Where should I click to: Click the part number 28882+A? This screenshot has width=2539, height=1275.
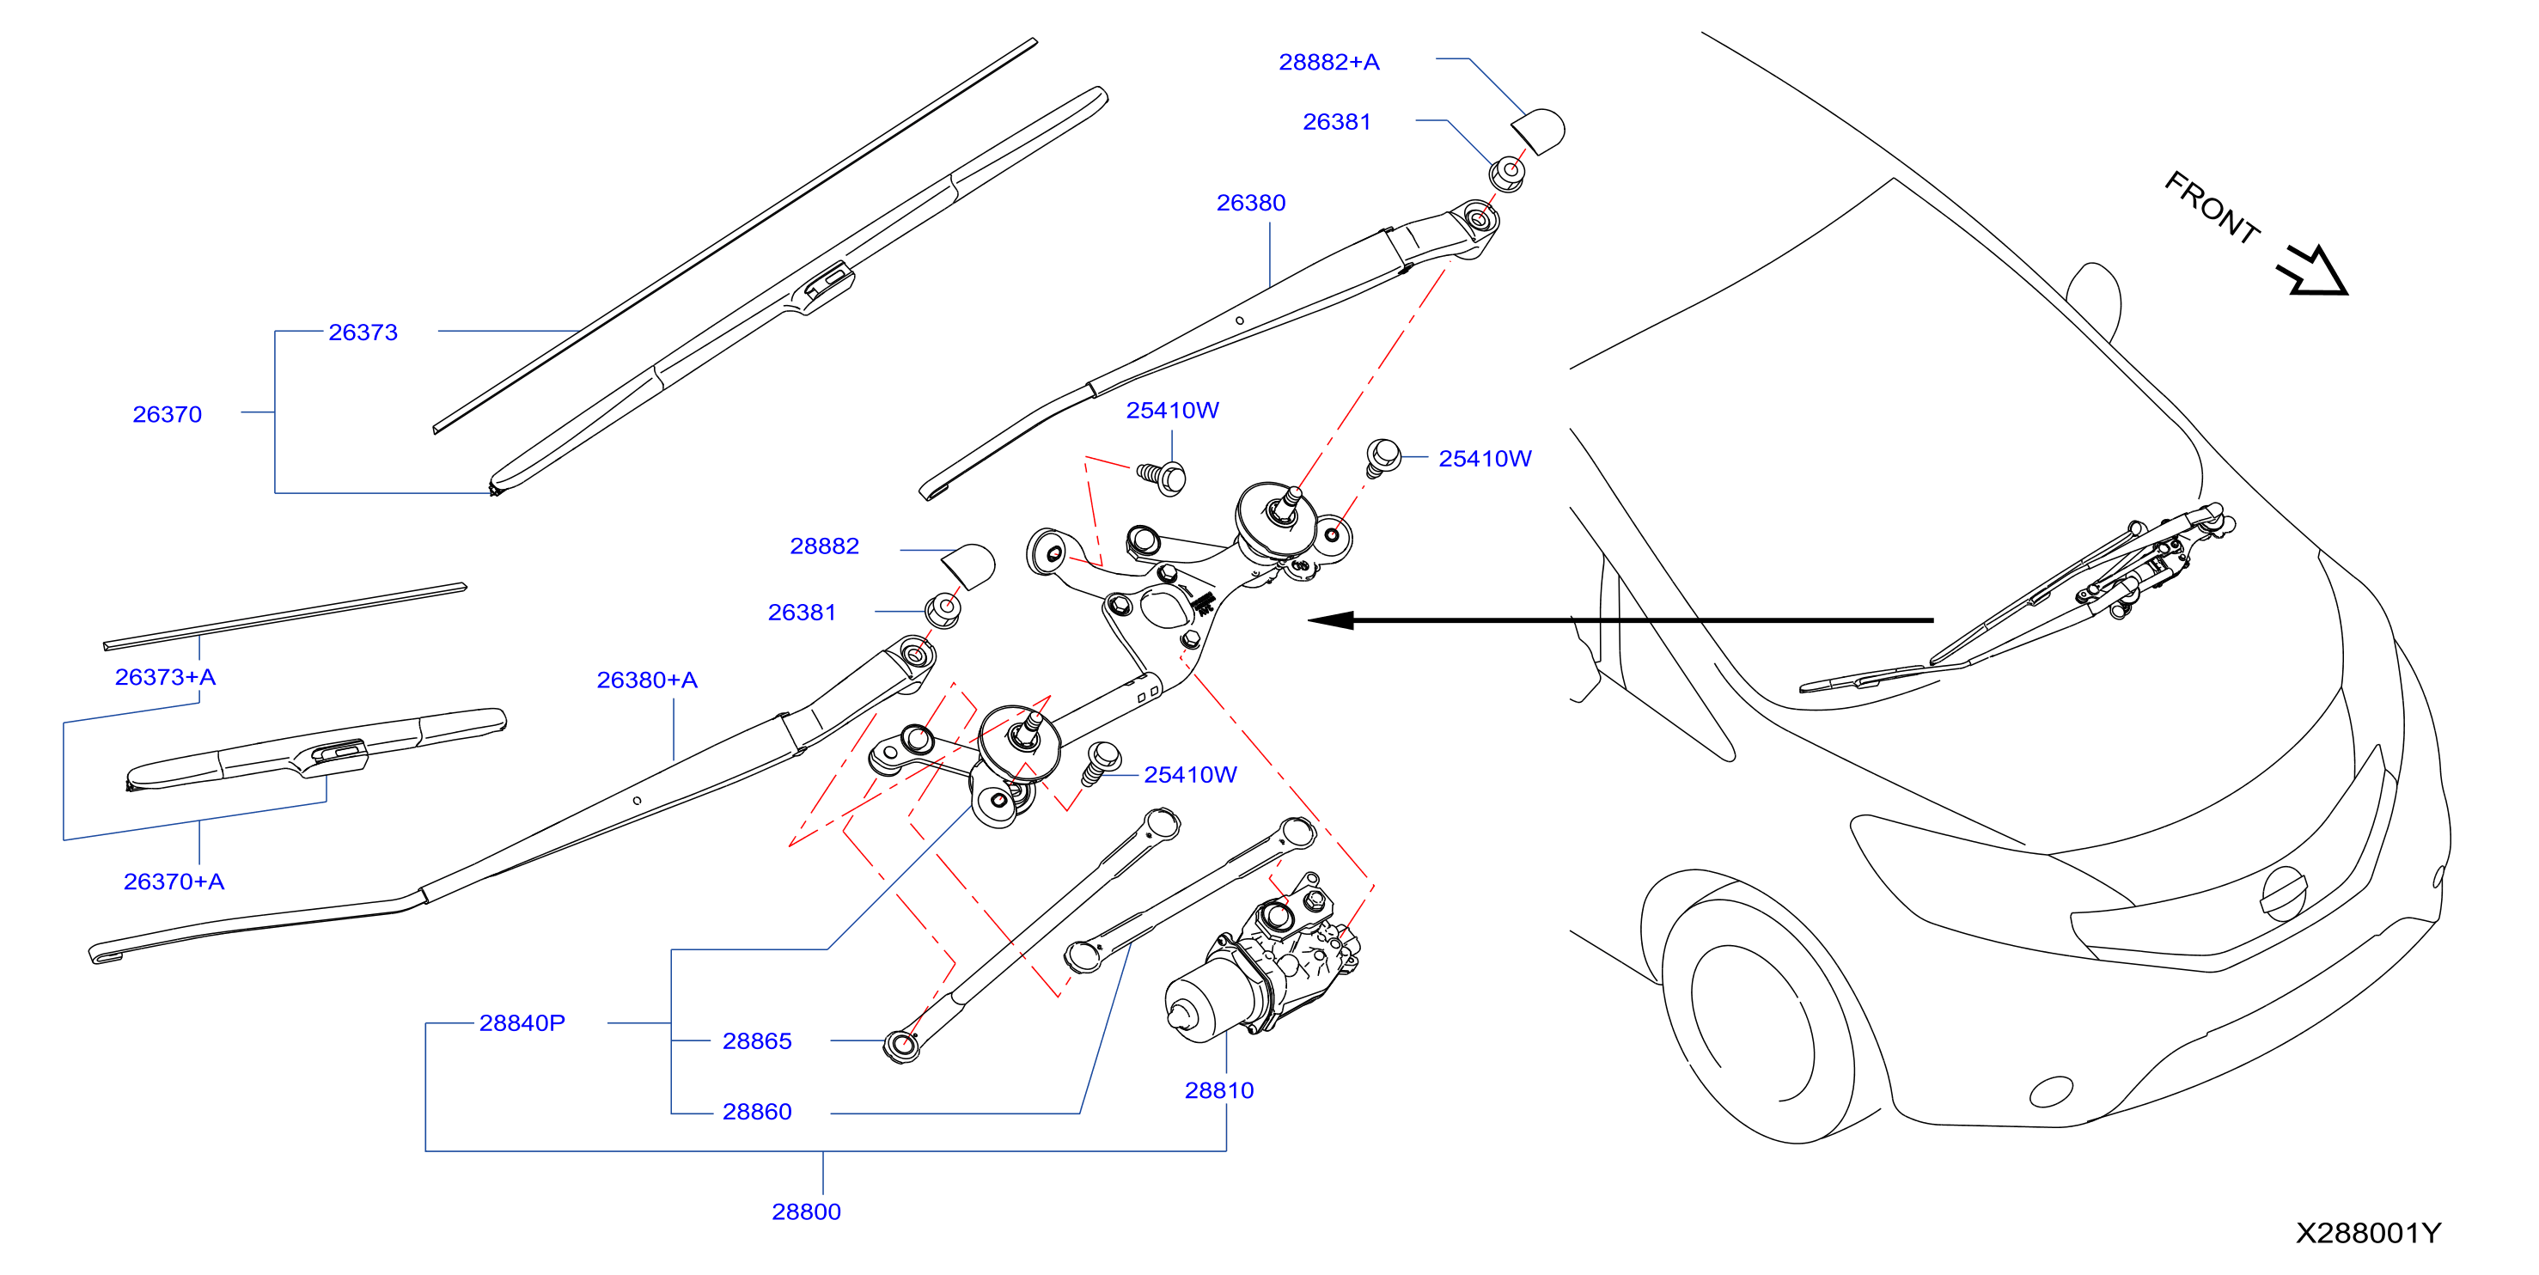[1328, 62]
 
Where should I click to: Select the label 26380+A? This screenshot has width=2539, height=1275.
[647, 680]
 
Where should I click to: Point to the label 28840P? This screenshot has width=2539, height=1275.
[522, 1022]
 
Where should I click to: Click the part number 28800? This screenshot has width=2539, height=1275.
[806, 1212]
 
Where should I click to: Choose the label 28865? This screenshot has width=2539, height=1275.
[757, 1041]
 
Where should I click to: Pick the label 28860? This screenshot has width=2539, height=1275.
[757, 1112]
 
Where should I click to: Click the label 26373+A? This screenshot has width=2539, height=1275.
[165, 677]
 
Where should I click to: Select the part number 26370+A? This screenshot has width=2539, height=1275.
[174, 882]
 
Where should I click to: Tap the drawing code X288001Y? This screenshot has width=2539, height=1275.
[2369, 1233]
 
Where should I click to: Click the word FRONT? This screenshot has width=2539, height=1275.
[2212, 208]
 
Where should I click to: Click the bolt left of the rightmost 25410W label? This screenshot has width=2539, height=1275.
[1382, 457]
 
